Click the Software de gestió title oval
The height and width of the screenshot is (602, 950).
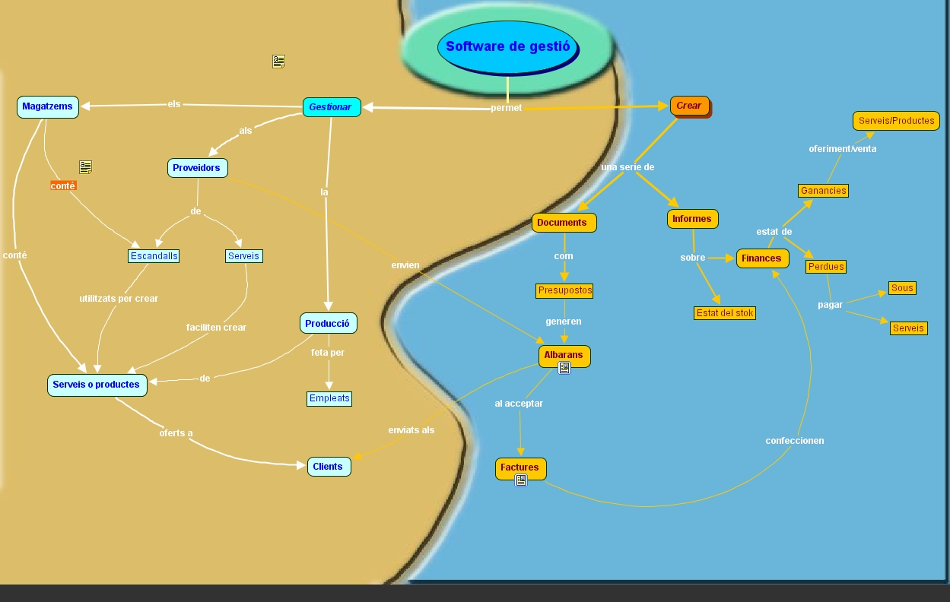(507, 46)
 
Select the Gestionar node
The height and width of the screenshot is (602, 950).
(331, 107)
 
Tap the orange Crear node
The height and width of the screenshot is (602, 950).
(689, 106)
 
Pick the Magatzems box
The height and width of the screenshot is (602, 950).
(47, 106)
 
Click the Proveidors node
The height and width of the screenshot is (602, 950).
(197, 168)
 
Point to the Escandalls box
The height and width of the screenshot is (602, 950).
(154, 256)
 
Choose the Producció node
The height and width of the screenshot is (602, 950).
(328, 323)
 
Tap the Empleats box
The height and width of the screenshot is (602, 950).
(329, 398)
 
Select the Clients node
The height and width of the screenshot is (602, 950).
(329, 466)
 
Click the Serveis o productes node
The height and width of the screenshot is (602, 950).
(97, 385)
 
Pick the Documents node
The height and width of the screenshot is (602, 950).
(563, 223)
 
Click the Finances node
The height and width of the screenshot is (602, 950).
(762, 258)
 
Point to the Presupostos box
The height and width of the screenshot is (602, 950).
(564, 290)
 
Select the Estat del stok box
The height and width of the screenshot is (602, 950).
(725, 312)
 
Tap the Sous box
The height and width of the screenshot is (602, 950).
(902, 288)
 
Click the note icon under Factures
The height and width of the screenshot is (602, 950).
(521, 480)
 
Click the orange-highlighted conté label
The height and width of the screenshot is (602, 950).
(63, 185)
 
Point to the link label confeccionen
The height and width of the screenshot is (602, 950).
(794, 441)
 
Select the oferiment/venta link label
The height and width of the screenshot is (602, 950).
(842, 149)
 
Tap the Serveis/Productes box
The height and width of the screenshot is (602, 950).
(896, 121)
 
